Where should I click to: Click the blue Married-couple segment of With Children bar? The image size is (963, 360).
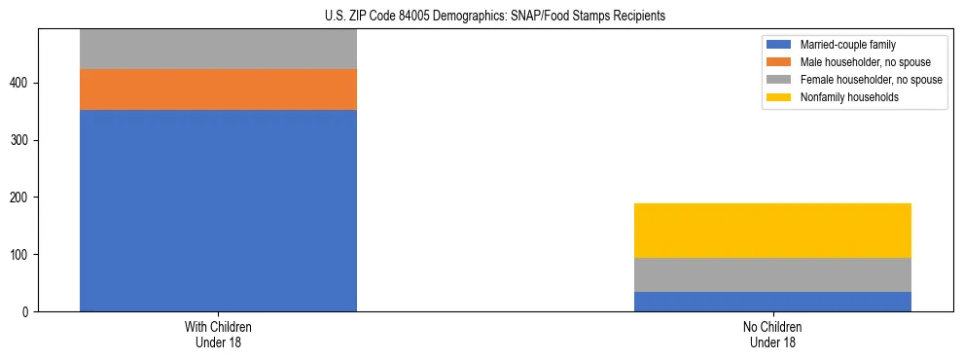218,210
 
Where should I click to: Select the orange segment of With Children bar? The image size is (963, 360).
218,90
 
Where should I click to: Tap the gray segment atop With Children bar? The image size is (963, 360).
218,49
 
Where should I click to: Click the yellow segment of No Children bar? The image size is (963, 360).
772,231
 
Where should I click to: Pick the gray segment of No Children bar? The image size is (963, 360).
772,274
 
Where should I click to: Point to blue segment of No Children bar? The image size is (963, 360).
772,302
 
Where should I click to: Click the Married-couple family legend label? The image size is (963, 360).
847,45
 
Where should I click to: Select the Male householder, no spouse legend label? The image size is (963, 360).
865,62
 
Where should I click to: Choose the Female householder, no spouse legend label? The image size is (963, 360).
871,80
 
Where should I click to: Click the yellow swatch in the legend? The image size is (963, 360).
779,97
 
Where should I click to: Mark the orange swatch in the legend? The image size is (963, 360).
779,62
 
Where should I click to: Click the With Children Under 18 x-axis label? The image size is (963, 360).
218,335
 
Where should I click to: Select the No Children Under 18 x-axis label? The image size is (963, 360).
772,335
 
